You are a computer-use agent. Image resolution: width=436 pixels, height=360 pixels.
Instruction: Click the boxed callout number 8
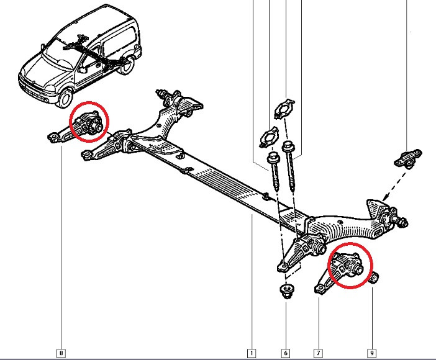point(61,353)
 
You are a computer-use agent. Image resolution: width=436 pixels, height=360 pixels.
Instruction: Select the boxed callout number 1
point(252,353)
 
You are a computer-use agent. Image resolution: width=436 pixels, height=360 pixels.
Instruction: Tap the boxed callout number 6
point(286,353)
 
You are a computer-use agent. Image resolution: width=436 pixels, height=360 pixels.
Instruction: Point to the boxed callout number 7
point(318,353)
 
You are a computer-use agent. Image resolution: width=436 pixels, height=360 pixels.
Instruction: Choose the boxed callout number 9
point(372,353)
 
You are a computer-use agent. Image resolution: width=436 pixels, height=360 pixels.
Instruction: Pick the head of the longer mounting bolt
point(288,146)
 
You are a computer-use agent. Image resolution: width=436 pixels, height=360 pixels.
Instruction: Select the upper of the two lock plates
point(284,109)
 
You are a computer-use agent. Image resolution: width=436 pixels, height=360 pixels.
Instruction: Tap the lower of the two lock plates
point(269,137)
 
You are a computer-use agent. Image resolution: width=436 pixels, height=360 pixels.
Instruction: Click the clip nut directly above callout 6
point(286,291)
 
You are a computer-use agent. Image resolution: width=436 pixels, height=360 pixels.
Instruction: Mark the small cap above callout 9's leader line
point(375,277)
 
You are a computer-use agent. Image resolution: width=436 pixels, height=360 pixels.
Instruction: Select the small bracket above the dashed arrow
point(408,159)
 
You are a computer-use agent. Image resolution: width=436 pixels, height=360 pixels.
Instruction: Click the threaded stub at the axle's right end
point(402,221)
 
